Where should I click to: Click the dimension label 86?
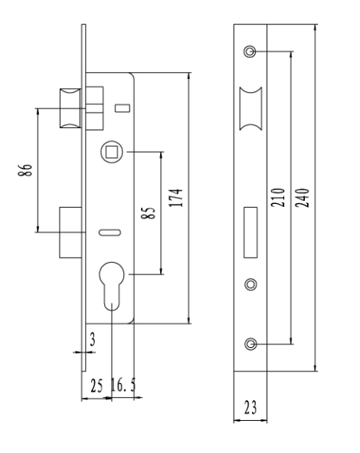[x=25, y=170]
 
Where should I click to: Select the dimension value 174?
[x=176, y=198]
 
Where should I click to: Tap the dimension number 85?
[x=148, y=213]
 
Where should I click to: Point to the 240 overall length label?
[x=303, y=198]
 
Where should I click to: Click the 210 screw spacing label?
[x=278, y=197]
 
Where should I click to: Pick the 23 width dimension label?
[x=250, y=408]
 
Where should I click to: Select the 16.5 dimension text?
[x=123, y=384]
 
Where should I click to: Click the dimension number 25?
[x=97, y=386]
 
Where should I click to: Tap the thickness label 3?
[x=93, y=339]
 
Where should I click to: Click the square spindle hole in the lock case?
[x=112, y=152]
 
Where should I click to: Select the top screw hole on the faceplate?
[x=250, y=51]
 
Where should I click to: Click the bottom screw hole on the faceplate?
[x=250, y=344]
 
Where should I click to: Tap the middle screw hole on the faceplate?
[x=251, y=284]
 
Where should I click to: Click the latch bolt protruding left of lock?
[x=70, y=108]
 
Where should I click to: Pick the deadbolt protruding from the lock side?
[x=70, y=232]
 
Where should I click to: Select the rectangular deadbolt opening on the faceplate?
[x=250, y=232]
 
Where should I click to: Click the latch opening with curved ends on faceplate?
[x=251, y=108]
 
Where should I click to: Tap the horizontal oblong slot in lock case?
[x=110, y=232]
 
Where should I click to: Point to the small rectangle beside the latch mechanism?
[x=123, y=108]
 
